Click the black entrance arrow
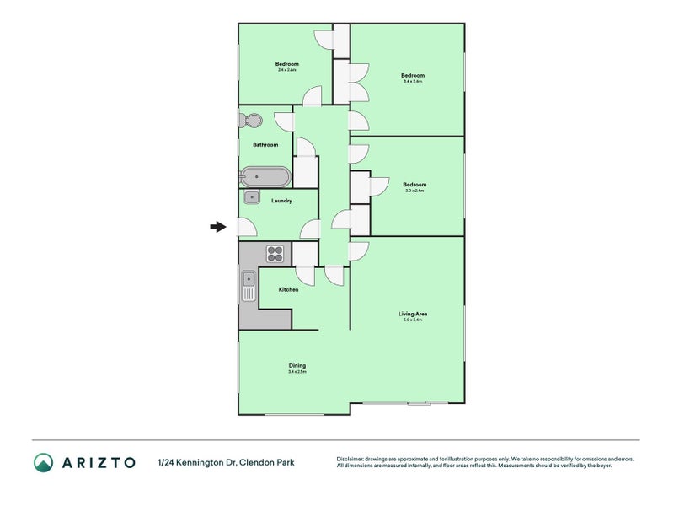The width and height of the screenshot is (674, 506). [218, 226]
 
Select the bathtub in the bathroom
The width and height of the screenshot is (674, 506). [265, 177]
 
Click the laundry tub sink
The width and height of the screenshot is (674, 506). [252, 197]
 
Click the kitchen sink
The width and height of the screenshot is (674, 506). [249, 286]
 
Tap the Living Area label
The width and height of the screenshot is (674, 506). [411, 314]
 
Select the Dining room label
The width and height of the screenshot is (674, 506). [297, 365]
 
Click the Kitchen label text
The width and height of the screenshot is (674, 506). [289, 289]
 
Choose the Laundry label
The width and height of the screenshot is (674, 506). [281, 201]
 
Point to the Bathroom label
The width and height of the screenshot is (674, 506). [265, 144]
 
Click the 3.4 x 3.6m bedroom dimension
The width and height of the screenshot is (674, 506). [412, 82]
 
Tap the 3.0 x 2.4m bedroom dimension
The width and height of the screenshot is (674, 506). [414, 191]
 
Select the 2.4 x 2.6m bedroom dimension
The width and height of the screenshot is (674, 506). [286, 70]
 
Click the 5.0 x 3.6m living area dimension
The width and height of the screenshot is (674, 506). [411, 320]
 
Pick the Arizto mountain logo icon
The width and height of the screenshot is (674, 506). [43, 462]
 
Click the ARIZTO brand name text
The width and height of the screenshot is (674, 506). [99, 462]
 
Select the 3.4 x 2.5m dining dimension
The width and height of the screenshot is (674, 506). [297, 372]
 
